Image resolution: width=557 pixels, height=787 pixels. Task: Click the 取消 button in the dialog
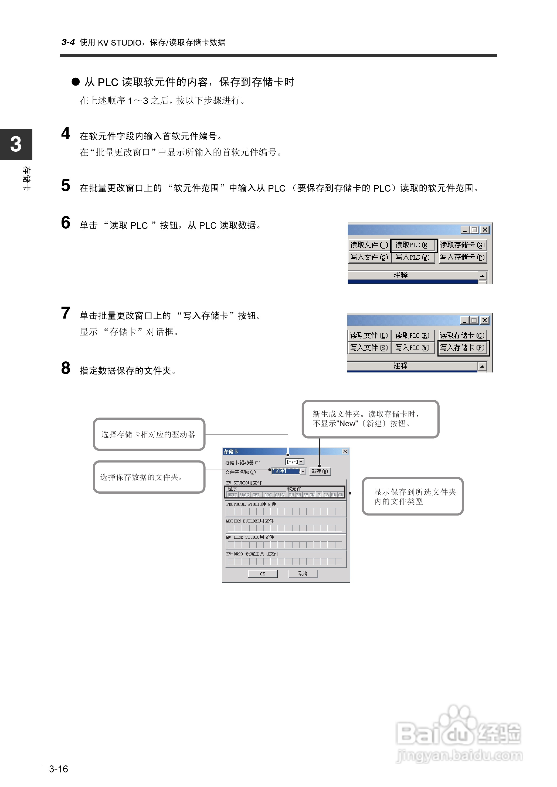tap(303, 573)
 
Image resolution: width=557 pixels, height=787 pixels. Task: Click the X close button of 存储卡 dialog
tap(345, 451)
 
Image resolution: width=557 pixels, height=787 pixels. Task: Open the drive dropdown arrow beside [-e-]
tap(301, 462)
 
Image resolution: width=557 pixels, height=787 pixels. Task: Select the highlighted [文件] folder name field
tap(285, 471)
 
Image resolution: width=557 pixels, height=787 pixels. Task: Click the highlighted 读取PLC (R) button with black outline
tap(413, 245)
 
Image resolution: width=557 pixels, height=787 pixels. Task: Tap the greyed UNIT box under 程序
tap(232, 495)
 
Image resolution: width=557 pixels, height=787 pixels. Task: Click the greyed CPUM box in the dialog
tap(280, 495)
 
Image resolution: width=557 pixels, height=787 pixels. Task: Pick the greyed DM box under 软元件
tap(291, 495)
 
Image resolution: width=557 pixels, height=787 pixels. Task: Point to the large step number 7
tap(66, 313)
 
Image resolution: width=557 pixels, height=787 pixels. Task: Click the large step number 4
tap(66, 134)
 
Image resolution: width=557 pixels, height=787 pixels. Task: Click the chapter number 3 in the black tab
tap(16, 144)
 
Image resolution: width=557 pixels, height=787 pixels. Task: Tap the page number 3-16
tap(59, 769)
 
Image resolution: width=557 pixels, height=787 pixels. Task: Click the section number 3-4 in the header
tap(68, 42)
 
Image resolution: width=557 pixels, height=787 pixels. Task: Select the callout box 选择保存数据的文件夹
tap(149, 477)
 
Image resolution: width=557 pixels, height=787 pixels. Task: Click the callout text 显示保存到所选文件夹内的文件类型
tap(413, 496)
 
